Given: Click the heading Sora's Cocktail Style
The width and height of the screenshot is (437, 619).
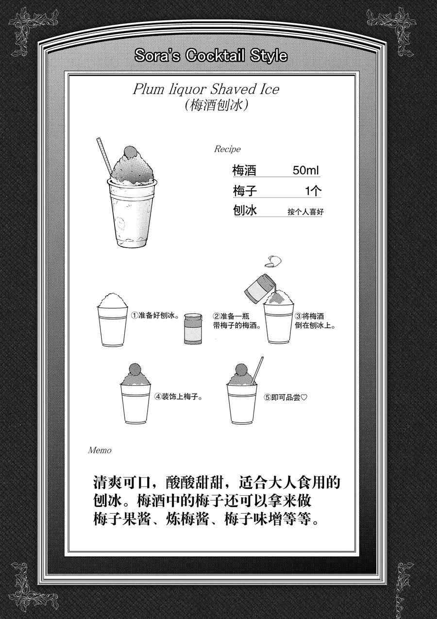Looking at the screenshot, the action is coord(211,56).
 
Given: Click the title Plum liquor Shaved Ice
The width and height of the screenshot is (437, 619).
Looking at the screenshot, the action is coord(206,89).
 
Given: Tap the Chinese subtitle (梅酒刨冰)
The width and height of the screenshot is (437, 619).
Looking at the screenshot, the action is coord(216,105).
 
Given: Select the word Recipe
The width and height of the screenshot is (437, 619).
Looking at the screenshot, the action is coord(227,149).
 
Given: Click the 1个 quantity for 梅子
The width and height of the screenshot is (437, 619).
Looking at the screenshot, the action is coord(313,191).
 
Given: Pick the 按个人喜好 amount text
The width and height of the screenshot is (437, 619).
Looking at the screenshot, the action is coord(305,212).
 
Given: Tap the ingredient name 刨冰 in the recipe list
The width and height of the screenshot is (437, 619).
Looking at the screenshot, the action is coord(245,210).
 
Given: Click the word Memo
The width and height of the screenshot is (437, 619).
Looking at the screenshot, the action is coord(100,451).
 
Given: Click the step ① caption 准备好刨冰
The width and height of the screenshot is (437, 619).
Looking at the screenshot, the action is coord(155,315).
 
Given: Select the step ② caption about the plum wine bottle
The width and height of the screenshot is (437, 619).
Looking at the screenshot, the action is coord(237,321).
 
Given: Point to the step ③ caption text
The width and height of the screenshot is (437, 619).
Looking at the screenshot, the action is coord(316,321).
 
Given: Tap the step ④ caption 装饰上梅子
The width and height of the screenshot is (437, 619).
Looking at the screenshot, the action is coord(179,397).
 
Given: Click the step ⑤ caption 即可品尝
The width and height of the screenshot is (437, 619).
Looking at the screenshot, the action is coord(286,398).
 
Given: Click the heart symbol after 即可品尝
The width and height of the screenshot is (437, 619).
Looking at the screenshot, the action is coord(304,398).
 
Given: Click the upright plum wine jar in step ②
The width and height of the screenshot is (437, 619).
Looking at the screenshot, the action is coord(193,329).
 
